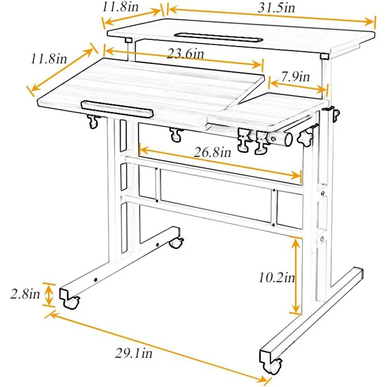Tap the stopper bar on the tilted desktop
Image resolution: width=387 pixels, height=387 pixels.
(x=116, y=107)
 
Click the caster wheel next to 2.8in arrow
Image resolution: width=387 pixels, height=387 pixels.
(x=71, y=303)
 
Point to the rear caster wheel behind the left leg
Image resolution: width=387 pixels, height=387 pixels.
(x=177, y=242)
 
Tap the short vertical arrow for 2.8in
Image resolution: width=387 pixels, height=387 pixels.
(x=48, y=295)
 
